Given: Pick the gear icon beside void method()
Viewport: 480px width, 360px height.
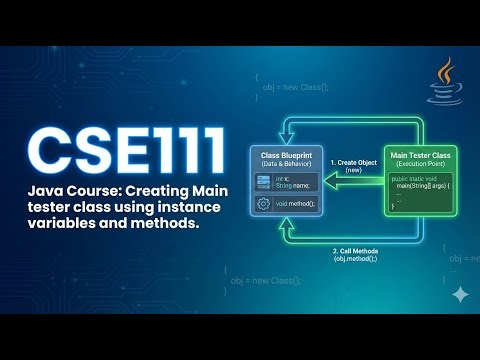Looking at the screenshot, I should pyautogui.click(x=264, y=202).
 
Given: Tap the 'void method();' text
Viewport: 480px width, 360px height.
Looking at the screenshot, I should pyautogui.click(x=297, y=203).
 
